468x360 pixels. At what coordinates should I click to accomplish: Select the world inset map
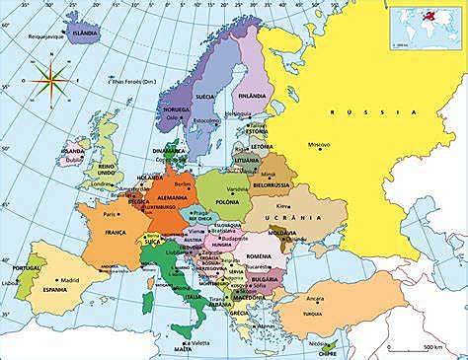[x=426, y=27]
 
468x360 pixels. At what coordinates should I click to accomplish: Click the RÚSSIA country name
[x=364, y=113]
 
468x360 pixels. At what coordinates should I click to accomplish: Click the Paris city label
[x=110, y=214]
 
